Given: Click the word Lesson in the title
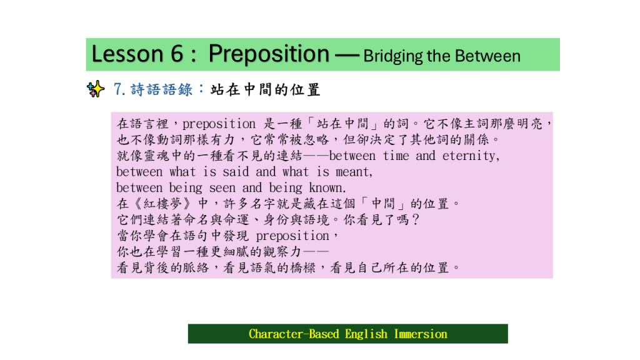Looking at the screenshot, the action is pos(127,54).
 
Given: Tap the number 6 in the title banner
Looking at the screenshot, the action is pos(177,54).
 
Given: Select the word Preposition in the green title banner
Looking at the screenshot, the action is pos(269,55).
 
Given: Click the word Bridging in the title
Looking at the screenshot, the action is pos(392,57).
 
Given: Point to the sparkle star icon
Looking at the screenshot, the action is pos(96,89).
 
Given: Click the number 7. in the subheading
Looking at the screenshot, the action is pos(119,89).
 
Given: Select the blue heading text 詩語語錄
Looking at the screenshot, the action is pos(161,89).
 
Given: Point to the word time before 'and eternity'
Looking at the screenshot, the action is pos(396,156).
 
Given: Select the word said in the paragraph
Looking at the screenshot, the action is pos(236,172).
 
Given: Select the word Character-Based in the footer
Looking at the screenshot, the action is pos(294,334).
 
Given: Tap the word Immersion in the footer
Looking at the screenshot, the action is pos(421,334).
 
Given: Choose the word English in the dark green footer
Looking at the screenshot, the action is pos(366,334).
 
